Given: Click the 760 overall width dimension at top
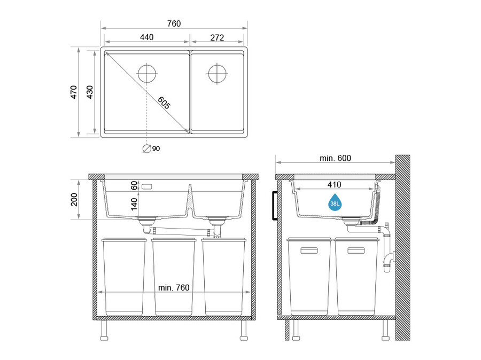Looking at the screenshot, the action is click(x=174, y=24).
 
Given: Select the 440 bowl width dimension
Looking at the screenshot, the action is click(x=146, y=37).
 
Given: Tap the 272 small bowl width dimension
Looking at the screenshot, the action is click(x=217, y=37).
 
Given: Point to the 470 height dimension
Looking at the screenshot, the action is click(x=74, y=92).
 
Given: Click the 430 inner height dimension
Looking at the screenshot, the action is click(x=90, y=92).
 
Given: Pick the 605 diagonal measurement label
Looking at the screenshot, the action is click(x=164, y=103).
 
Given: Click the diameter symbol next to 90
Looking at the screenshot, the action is click(x=147, y=148).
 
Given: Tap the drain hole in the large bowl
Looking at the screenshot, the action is click(x=147, y=74).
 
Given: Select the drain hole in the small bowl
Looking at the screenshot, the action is click(x=217, y=74).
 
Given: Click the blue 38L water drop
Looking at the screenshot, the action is click(x=335, y=202).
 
